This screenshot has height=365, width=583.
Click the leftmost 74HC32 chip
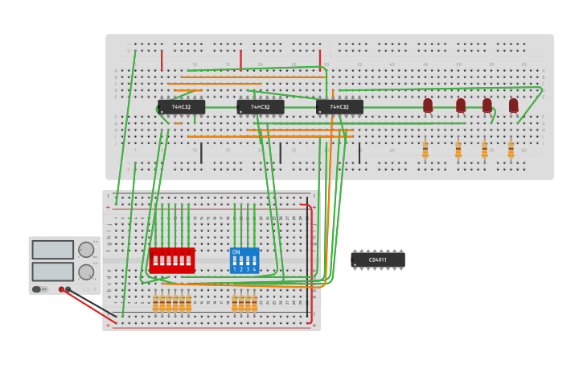click(181, 106)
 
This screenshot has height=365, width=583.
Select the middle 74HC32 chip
click(261, 106)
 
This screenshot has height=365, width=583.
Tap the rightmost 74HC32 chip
click(339, 106)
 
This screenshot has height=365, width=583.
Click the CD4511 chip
click(377, 259)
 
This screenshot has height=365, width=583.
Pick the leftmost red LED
click(428, 105)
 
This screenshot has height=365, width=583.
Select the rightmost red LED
click(513, 105)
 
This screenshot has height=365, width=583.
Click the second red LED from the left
click(461, 105)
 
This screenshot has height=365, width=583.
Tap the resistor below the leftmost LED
click(425, 149)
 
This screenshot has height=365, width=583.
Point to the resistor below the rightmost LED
click(511, 149)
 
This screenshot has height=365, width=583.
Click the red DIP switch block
click(171, 260)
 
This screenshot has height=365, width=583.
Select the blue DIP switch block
click(244, 260)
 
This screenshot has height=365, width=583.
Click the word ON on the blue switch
click(236, 252)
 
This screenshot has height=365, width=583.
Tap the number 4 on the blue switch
click(254, 269)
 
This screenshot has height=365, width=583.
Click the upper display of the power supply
click(53, 250)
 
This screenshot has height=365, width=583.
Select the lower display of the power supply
click(53, 272)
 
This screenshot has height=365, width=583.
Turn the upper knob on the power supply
click(85, 250)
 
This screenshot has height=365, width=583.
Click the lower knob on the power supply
click(85, 272)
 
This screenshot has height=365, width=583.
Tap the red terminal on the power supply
click(61, 289)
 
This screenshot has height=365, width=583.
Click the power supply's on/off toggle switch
click(37, 289)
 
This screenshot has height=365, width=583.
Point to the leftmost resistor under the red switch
click(155, 303)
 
